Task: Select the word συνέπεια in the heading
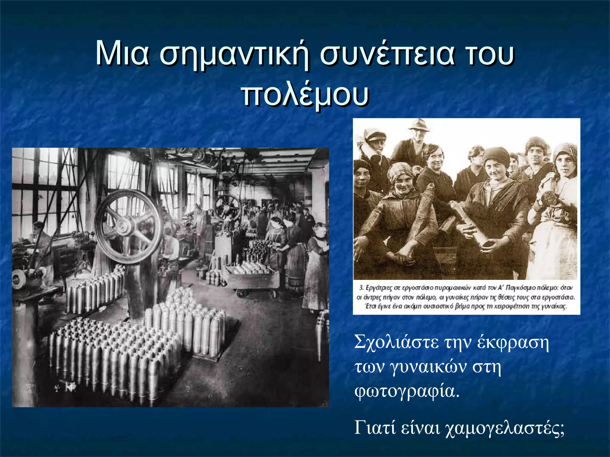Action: [x=387, y=55]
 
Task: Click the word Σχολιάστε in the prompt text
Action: [x=396, y=342]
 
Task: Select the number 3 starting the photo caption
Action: [x=361, y=288]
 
